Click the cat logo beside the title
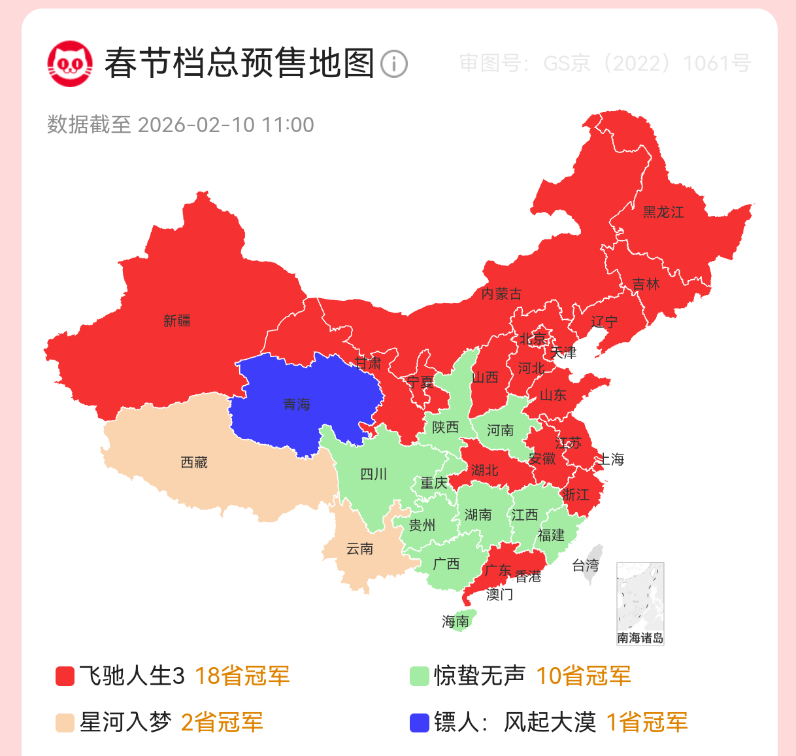pos(70,63)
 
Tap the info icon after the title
pos(394,64)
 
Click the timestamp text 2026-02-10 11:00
pos(225,125)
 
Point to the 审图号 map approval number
pos(605,63)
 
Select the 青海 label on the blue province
pos(297,404)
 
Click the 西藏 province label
pos(194,462)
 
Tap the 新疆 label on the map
pos(177,320)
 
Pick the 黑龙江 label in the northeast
pos(663,212)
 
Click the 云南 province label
pos(359,549)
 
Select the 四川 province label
pos(374,474)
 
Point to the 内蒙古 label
pos(501,294)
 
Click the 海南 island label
pos(456,621)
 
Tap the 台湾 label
pos(586,565)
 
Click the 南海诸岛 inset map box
pos(640,603)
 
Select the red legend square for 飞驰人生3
pos(65,676)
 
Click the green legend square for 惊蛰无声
pos(419,676)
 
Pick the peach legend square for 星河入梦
pos(65,723)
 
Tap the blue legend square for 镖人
pos(419,723)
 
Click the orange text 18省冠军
pos(242,676)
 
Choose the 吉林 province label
pos(646,284)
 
